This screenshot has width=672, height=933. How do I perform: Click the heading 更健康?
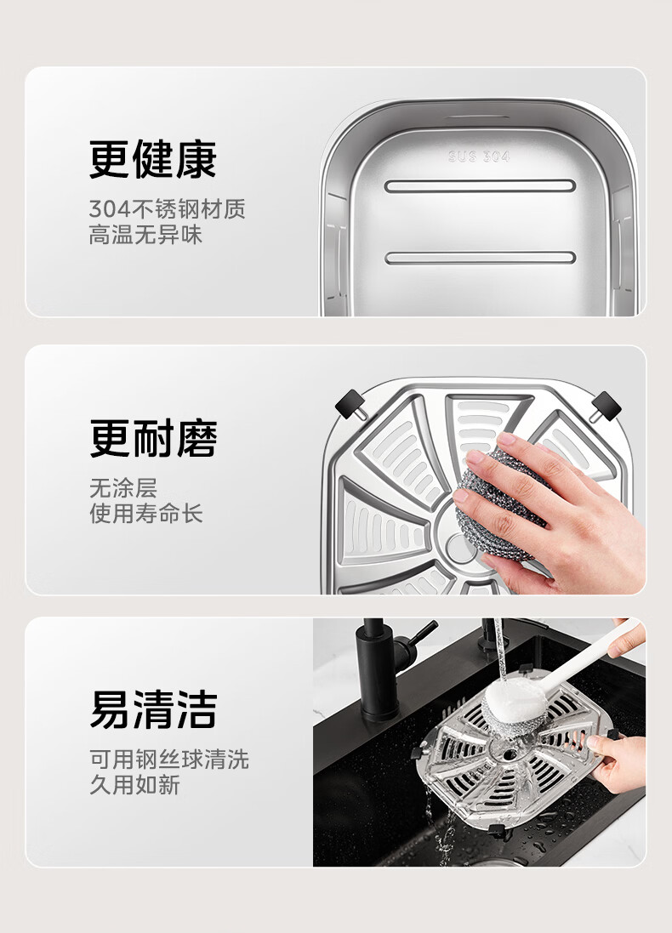152,159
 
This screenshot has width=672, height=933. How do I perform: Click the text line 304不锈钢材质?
168,209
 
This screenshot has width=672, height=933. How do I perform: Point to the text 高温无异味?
145,235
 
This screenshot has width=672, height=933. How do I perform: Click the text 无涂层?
123,488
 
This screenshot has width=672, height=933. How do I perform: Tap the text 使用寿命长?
146,514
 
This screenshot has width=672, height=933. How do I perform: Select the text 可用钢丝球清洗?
169,759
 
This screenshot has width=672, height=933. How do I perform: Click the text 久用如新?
134,785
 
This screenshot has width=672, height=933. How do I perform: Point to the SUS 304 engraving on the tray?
479,156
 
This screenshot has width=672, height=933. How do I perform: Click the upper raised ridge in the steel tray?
480,185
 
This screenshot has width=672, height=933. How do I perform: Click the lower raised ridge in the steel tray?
480,258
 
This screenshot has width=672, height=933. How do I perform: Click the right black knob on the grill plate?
606,407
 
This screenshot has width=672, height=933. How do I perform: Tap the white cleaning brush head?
515,704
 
